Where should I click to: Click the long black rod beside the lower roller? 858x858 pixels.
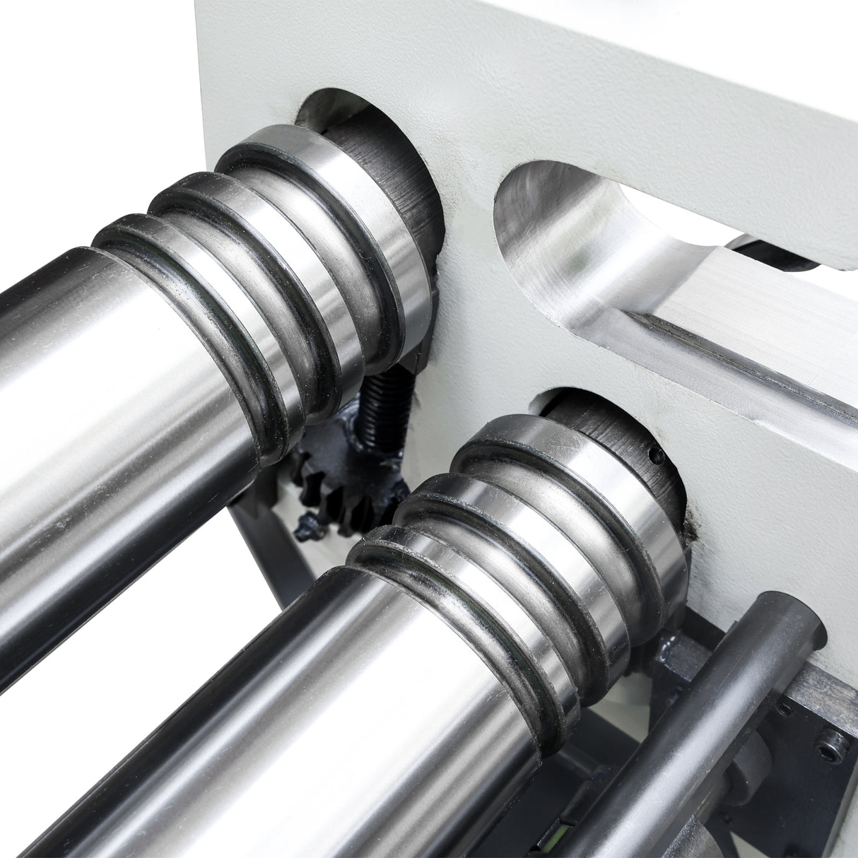[x=707, y=707]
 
